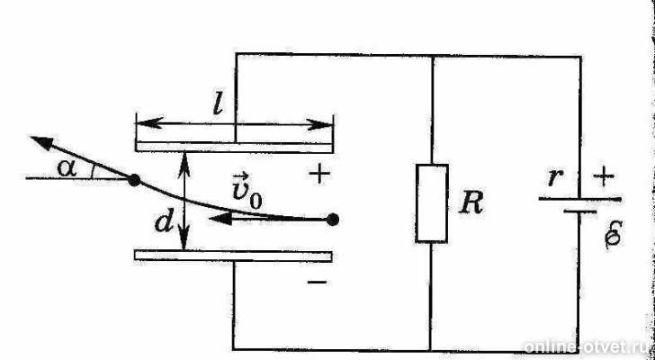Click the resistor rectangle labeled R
[x=432, y=203]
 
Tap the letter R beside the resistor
[x=471, y=203]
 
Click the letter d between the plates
[x=164, y=223]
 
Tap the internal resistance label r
[x=554, y=177]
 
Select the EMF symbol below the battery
[x=614, y=235]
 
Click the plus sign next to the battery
[x=604, y=176]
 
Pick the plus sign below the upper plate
[x=319, y=175]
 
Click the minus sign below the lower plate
[x=318, y=283]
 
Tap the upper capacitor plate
[x=234, y=147]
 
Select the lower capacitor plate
[x=233, y=256]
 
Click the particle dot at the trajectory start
[x=333, y=220]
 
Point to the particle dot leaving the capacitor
[x=134, y=180]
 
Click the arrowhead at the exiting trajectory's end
[x=41, y=142]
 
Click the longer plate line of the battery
[x=579, y=199]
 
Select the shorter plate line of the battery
[x=580, y=211]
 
